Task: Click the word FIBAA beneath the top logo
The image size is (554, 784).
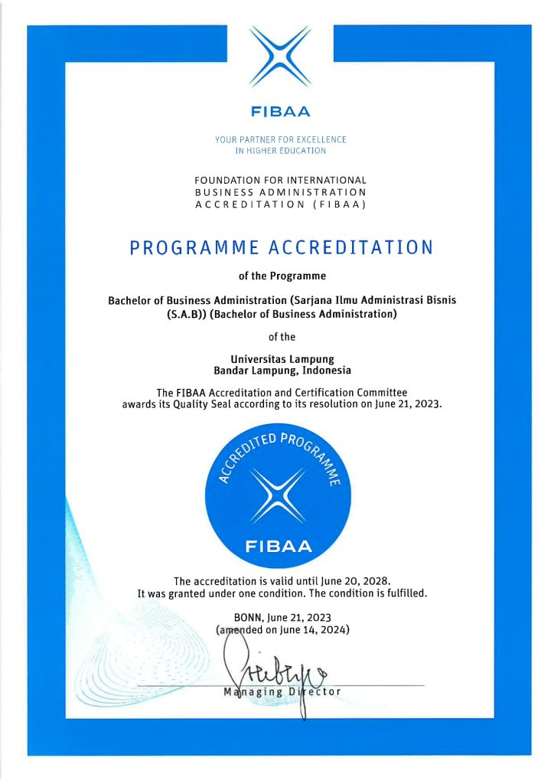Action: coord(281,112)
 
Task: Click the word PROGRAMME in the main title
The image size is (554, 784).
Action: coord(194,248)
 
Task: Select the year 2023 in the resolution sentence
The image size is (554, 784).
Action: coord(428,404)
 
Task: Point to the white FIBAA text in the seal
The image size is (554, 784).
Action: coord(279,547)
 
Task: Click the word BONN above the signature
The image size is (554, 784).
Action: coord(249,617)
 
